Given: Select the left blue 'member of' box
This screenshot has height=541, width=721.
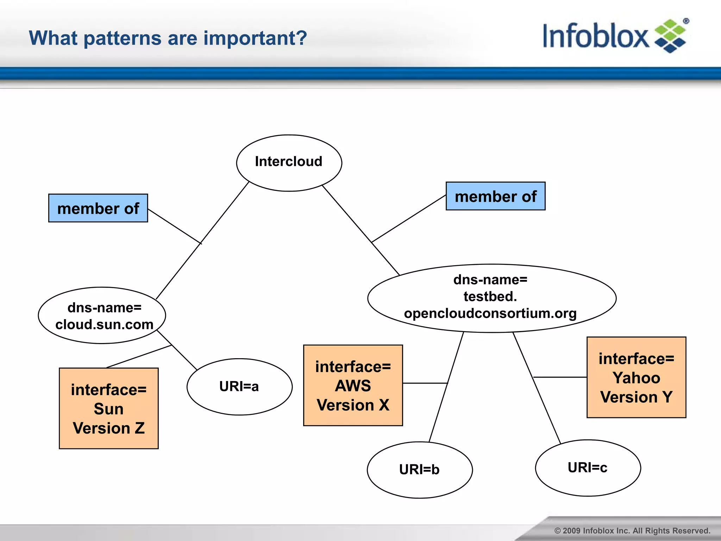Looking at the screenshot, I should [x=98, y=208].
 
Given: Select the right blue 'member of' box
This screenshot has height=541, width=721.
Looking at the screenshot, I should [x=495, y=196].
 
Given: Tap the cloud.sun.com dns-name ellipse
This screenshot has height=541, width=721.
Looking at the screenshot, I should [x=102, y=316].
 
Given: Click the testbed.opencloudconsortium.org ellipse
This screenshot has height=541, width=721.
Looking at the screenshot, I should [x=491, y=298].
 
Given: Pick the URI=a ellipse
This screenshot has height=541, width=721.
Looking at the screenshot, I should [x=239, y=387].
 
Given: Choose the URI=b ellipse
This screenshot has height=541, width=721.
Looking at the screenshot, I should [x=420, y=470].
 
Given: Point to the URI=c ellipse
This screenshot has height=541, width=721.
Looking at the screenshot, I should [x=588, y=468].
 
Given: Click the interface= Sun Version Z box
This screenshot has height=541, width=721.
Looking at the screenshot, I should [x=109, y=409].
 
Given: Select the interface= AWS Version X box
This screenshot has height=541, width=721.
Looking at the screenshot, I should [x=353, y=385].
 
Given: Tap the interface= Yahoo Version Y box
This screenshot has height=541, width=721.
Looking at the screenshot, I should [x=636, y=378].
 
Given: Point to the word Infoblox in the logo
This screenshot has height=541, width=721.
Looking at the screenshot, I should [x=595, y=36].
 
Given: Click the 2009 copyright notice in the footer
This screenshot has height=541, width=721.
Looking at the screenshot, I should [x=632, y=530].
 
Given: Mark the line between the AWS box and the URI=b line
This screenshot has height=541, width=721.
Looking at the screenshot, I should [x=425, y=383].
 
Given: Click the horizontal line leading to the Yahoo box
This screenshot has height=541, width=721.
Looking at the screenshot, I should [x=560, y=377].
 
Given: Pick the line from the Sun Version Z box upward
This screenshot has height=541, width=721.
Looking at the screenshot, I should [x=139, y=356].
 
